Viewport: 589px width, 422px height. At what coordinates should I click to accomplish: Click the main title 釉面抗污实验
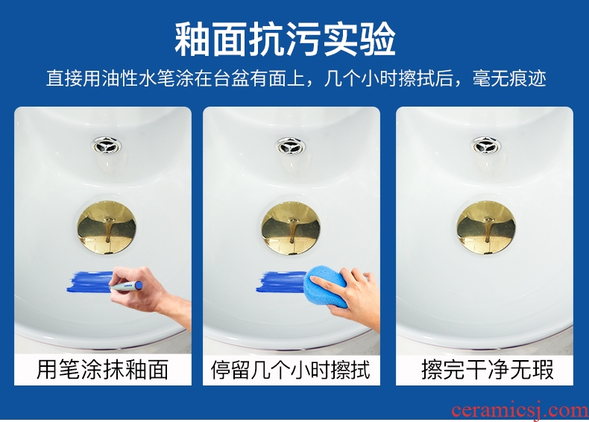tap(285, 40)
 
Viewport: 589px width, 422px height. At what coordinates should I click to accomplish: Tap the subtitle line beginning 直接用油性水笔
tap(296, 78)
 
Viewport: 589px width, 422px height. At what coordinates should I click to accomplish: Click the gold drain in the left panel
tap(107, 227)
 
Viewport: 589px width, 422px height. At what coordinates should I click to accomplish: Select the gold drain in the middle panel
tap(291, 227)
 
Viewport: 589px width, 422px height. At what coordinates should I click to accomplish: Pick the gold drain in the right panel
tap(486, 227)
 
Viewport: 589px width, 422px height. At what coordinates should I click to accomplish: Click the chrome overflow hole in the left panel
tap(107, 145)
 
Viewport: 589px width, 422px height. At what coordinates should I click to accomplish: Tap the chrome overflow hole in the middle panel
tap(291, 146)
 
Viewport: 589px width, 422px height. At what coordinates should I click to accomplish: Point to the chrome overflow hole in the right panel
tap(486, 146)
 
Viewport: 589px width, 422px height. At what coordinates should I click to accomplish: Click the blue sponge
tap(325, 286)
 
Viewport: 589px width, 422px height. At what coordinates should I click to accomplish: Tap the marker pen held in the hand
tap(126, 286)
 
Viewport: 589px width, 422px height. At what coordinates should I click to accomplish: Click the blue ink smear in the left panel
tap(90, 283)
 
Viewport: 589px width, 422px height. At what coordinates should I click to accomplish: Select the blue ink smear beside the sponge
tap(282, 283)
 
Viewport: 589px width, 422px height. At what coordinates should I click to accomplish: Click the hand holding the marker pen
tap(151, 293)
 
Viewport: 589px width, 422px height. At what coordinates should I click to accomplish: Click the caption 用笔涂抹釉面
tap(102, 369)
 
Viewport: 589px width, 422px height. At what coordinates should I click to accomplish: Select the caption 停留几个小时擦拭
tap(290, 370)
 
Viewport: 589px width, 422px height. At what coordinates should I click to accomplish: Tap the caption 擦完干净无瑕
tap(487, 370)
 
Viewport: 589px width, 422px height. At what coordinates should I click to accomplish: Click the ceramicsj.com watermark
tap(520, 410)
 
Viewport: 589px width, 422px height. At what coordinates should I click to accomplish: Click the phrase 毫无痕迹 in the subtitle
tap(510, 78)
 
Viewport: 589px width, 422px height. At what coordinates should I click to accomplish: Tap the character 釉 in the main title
tap(192, 40)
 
